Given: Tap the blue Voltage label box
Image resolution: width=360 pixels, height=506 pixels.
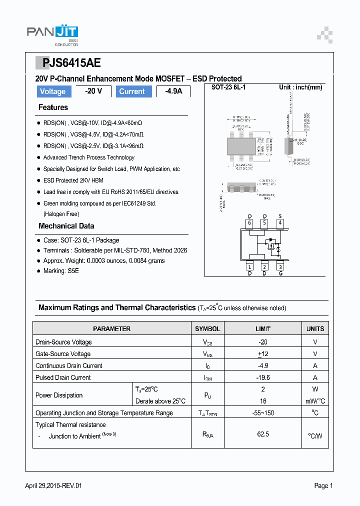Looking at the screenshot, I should pyautogui.click(x=52, y=91).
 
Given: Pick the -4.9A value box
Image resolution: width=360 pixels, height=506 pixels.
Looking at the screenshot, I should pyautogui.click(x=173, y=91).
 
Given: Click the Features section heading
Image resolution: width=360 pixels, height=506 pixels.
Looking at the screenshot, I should pyautogui.click(x=53, y=107).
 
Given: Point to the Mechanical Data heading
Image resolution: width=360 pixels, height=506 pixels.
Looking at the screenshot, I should pyautogui.click(x=66, y=226).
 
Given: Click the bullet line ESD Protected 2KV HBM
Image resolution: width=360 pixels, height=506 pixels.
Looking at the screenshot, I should pyautogui.click(x=73, y=180).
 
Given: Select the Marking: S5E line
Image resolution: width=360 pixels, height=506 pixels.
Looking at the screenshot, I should pyautogui.click(x=61, y=271).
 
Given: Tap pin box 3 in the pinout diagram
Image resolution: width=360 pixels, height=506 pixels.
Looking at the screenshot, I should pyautogui.click(x=280, y=267).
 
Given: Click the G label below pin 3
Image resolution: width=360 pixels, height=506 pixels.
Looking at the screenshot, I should pyautogui.click(x=280, y=273).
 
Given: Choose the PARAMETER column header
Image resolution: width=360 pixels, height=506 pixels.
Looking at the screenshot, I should pyautogui.click(x=111, y=329).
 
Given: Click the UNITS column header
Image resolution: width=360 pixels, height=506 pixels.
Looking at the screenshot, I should pyautogui.click(x=315, y=329).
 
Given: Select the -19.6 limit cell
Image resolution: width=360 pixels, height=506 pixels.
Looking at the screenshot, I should pyautogui.click(x=263, y=378).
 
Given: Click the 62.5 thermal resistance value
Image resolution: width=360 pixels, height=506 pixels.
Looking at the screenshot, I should pyautogui.click(x=263, y=434).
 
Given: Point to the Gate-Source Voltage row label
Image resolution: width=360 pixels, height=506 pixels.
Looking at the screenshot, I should pyautogui.click(x=63, y=354).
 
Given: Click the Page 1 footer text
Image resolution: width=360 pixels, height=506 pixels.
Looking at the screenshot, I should pyautogui.click(x=323, y=485).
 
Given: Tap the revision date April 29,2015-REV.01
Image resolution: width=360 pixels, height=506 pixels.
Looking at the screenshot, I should pyautogui.click(x=53, y=485).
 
